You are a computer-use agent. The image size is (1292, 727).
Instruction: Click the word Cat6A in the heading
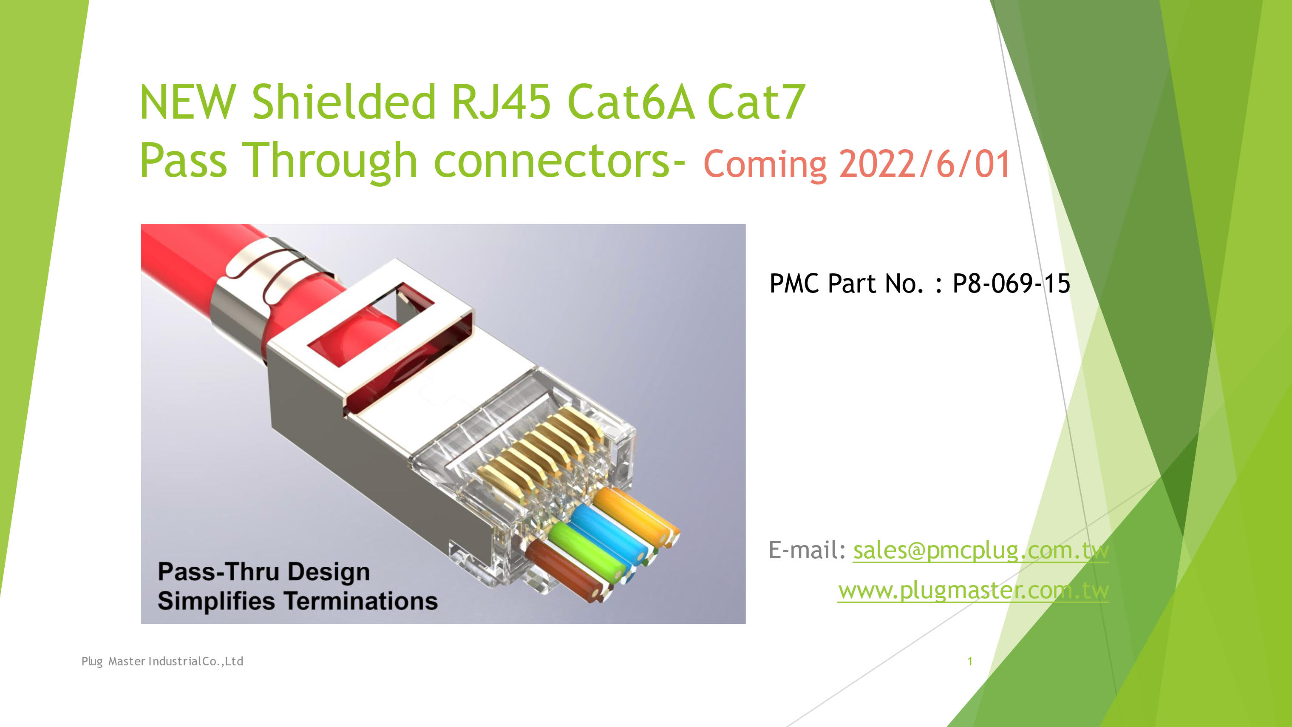(x=631, y=102)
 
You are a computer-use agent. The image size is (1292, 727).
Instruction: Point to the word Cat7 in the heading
(x=756, y=102)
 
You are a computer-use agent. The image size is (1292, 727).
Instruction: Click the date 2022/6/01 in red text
(x=924, y=164)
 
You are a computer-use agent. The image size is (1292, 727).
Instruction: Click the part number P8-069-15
(x=1011, y=284)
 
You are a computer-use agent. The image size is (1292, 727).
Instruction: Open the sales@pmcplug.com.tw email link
(x=981, y=551)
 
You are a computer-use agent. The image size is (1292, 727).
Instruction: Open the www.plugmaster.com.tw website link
(x=974, y=591)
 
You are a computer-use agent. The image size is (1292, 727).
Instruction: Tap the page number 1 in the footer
(x=970, y=661)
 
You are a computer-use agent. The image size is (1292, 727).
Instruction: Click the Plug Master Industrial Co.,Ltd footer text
(x=162, y=661)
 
